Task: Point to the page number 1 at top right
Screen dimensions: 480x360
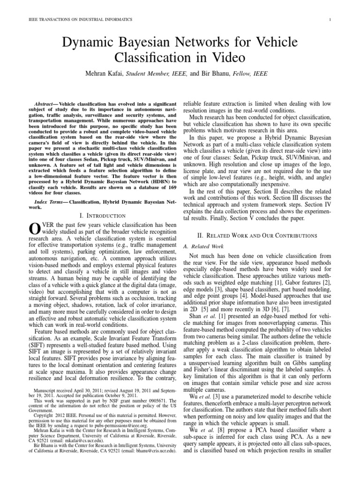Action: [x=330, y=19]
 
